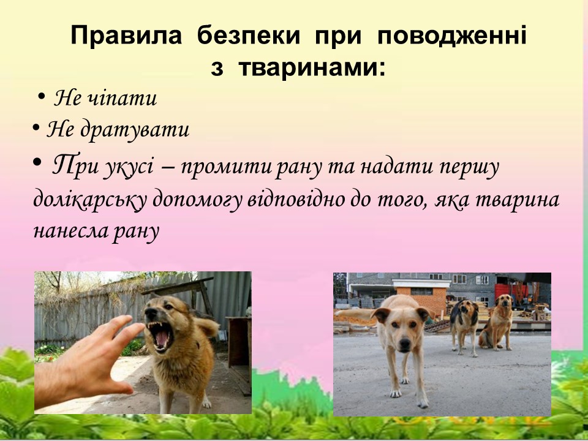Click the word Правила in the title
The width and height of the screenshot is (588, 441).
click(126, 36)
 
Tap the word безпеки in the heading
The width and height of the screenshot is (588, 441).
click(249, 36)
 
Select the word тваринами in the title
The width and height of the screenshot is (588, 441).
click(312, 68)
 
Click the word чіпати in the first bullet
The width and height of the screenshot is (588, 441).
click(122, 98)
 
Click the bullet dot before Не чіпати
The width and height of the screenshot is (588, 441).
click(41, 97)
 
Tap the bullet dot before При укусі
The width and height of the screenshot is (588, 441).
click(37, 162)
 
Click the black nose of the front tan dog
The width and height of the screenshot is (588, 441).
click(404, 343)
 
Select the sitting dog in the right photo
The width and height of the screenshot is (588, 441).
click(497, 322)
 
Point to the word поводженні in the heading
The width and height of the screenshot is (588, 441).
click(451, 36)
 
